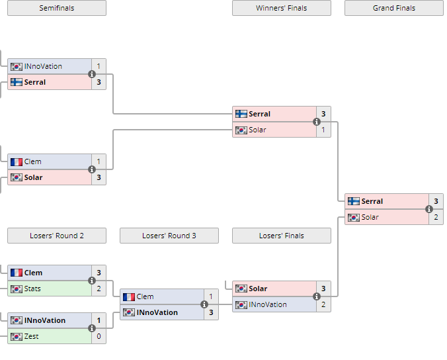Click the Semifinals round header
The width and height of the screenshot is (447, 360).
pyautogui.click(x=57, y=8)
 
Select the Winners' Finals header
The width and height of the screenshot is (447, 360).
pyautogui.click(x=282, y=8)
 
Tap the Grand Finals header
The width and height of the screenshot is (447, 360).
pyautogui.click(x=393, y=8)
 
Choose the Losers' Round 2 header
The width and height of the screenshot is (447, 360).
pyautogui.click(x=57, y=236)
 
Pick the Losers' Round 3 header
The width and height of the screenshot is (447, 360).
pyautogui.click(x=169, y=236)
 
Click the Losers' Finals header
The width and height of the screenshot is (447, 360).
pyautogui.click(x=282, y=236)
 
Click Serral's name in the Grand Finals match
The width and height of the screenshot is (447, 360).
pyautogui.click(x=372, y=201)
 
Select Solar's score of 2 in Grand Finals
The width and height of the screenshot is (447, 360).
pyautogui.click(x=436, y=217)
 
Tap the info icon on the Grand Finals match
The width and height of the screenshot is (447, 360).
pyautogui.click(x=429, y=209)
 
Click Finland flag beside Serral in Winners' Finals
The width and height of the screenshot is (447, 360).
pyautogui.click(x=241, y=114)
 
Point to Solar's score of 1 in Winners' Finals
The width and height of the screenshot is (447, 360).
pyautogui.click(x=323, y=130)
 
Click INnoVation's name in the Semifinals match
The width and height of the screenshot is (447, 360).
pyautogui.click(x=43, y=66)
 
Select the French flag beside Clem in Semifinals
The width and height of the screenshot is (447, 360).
pyautogui.click(x=17, y=162)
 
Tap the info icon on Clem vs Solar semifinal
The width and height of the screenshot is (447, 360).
pyautogui.click(x=91, y=169)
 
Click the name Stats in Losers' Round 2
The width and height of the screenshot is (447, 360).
pyautogui.click(x=32, y=289)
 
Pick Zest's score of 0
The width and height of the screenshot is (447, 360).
pyautogui.click(x=99, y=336)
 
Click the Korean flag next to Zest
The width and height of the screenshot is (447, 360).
pyautogui.click(x=17, y=337)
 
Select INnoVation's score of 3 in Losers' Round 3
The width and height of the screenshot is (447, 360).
pyautogui.click(x=211, y=312)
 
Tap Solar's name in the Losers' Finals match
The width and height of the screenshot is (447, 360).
pyautogui.click(x=258, y=289)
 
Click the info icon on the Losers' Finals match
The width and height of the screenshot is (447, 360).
pyautogui.click(x=317, y=296)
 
